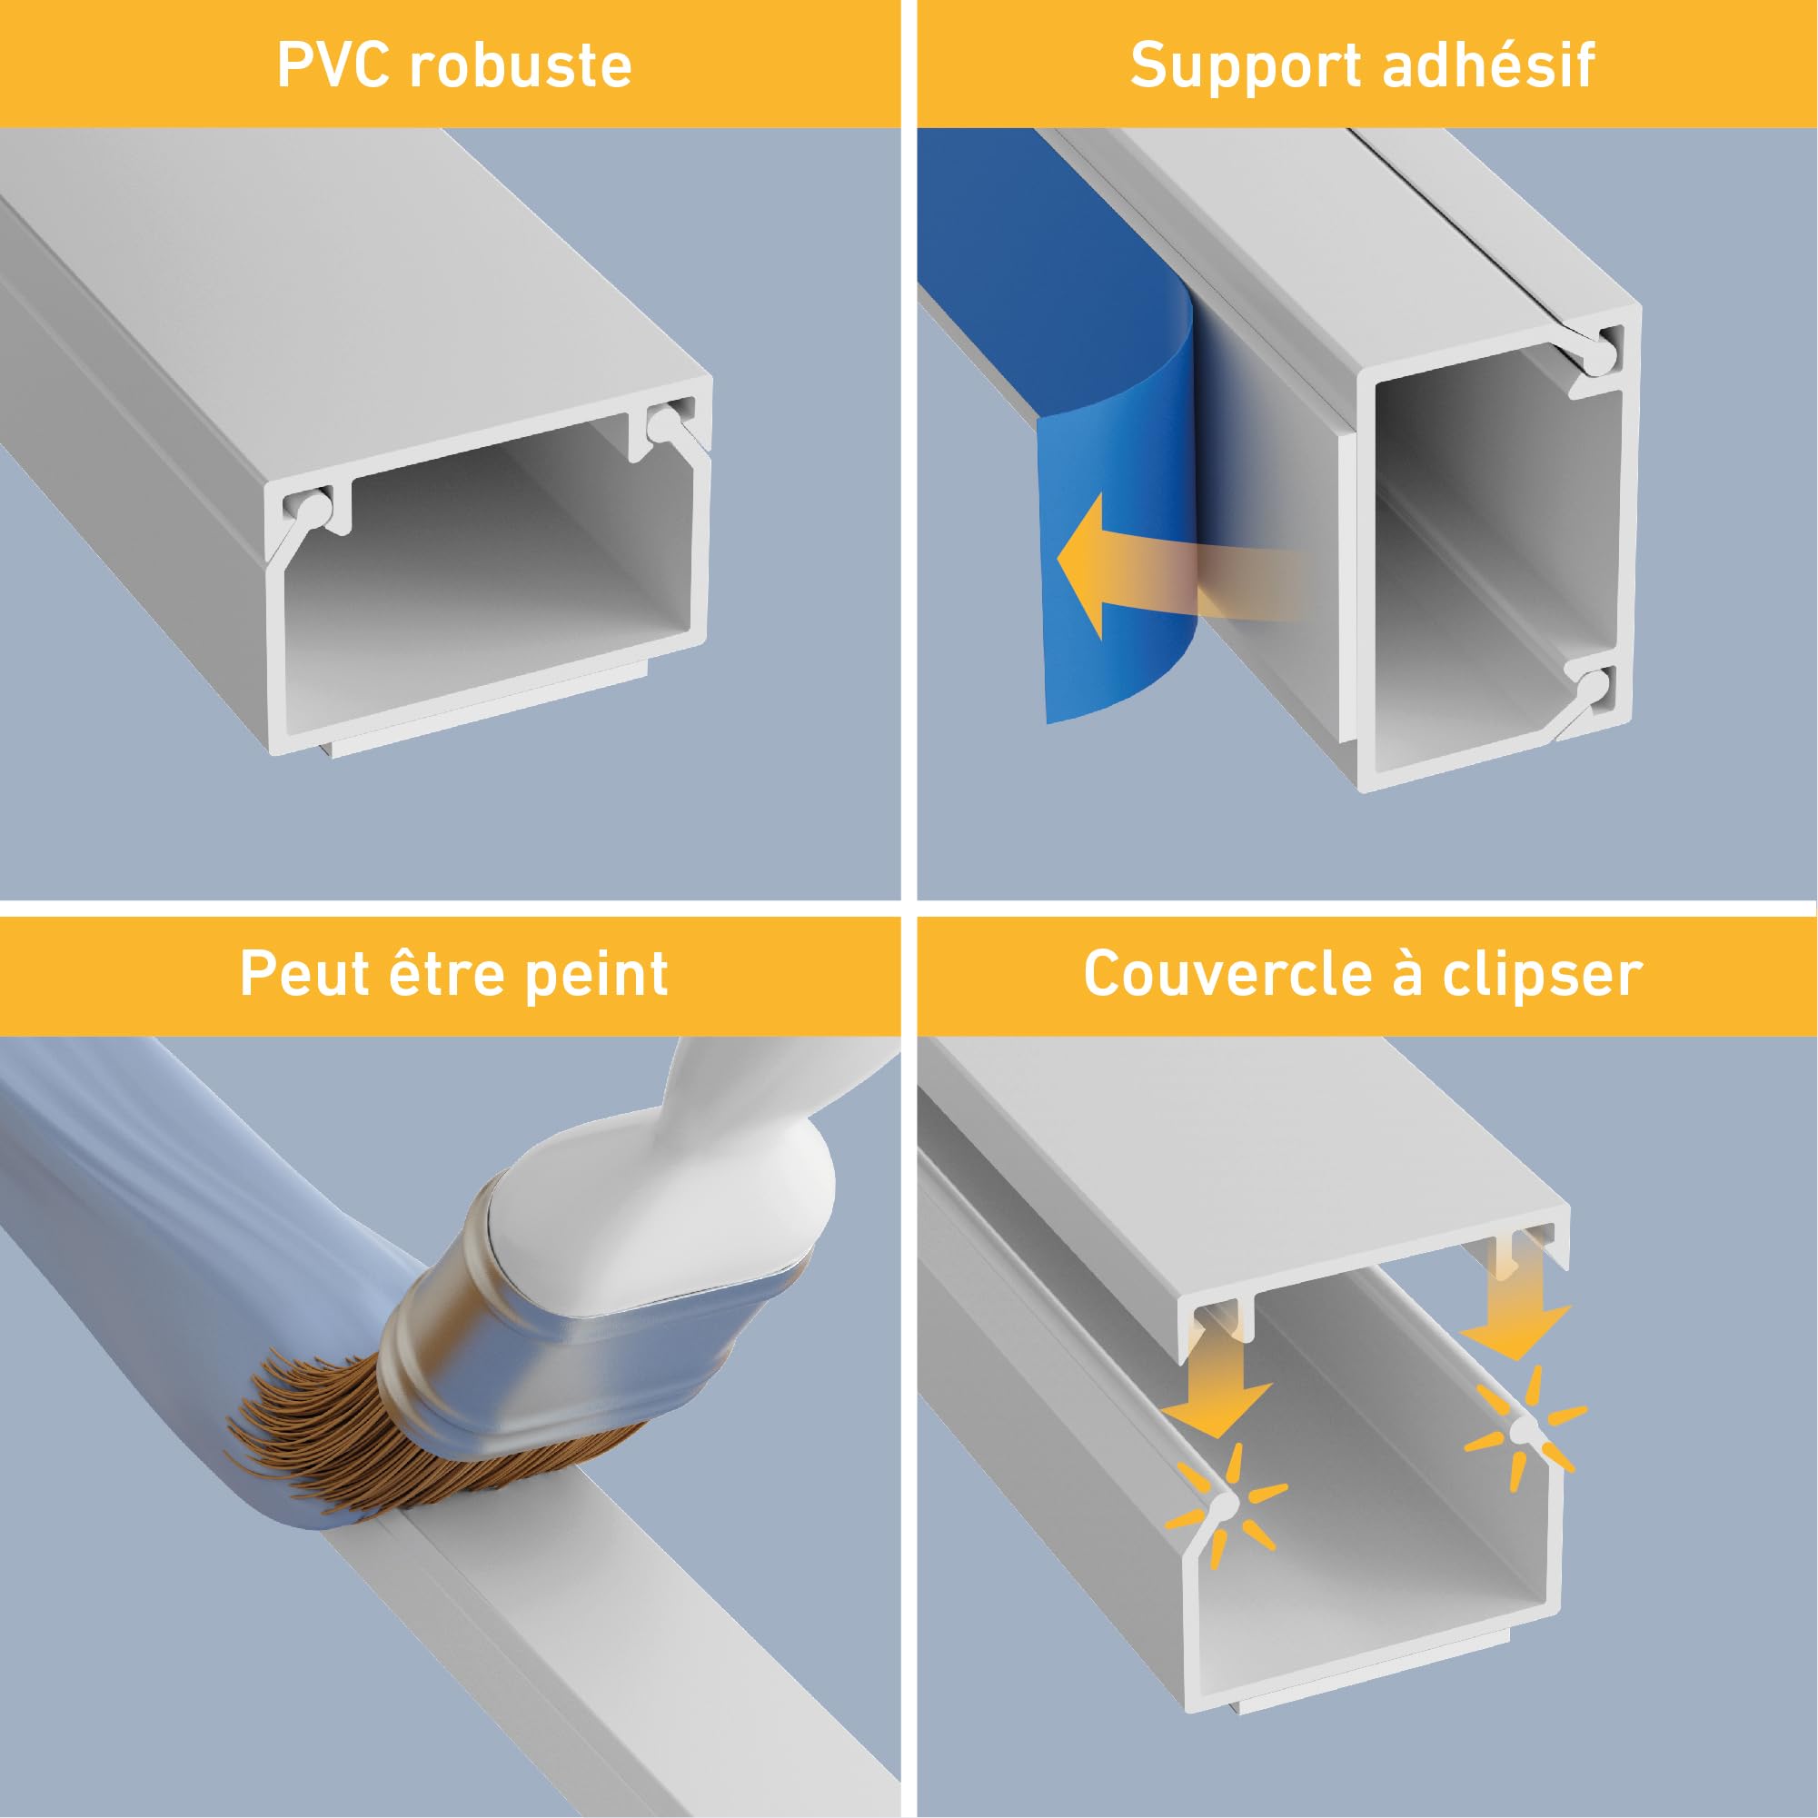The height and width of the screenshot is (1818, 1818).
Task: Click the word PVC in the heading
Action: [332, 65]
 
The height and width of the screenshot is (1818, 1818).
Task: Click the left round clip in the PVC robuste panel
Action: [311, 506]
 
